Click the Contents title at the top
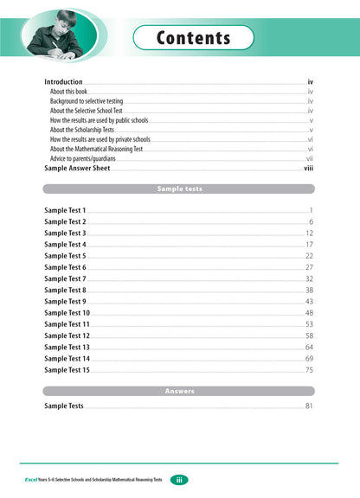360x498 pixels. pyautogui.click(x=194, y=38)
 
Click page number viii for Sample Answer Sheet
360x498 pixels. pyautogui.click(x=308, y=169)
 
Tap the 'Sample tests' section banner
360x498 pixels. pyautogui.click(x=179, y=188)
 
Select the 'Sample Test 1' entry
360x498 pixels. pyautogui.click(x=66, y=211)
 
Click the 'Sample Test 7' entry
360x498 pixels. pyautogui.click(x=66, y=279)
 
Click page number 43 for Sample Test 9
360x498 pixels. pyautogui.click(x=309, y=302)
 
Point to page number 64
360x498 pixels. pyautogui.click(x=309, y=347)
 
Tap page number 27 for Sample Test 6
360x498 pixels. pyautogui.click(x=309, y=267)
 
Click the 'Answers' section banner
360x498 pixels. pyautogui.click(x=179, y=391)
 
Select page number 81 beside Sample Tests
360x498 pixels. pyautogui.click(x=309, y=405)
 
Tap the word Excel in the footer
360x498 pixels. pyautogui.click(x=35, y=480)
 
